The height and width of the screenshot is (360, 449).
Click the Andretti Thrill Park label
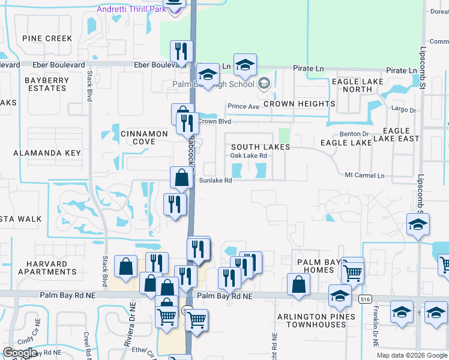(131, 9)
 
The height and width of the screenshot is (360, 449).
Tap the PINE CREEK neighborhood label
(47, 38)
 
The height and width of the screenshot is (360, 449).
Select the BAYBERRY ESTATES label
(46, 84)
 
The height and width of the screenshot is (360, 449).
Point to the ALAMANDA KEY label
(47, 153)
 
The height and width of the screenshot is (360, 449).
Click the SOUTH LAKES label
(261, 147)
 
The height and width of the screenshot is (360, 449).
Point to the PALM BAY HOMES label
(315, 266)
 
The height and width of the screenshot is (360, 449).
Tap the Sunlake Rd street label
(215, 180)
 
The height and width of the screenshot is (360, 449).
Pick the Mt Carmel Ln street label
(364, 175)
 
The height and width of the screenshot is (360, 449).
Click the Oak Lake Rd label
(249, 156)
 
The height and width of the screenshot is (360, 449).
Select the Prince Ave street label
(243, 107)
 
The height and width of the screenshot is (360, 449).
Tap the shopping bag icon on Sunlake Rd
(181, 178)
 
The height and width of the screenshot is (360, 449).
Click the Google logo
(20, 353)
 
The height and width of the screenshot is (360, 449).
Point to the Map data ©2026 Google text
(411, 355)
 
